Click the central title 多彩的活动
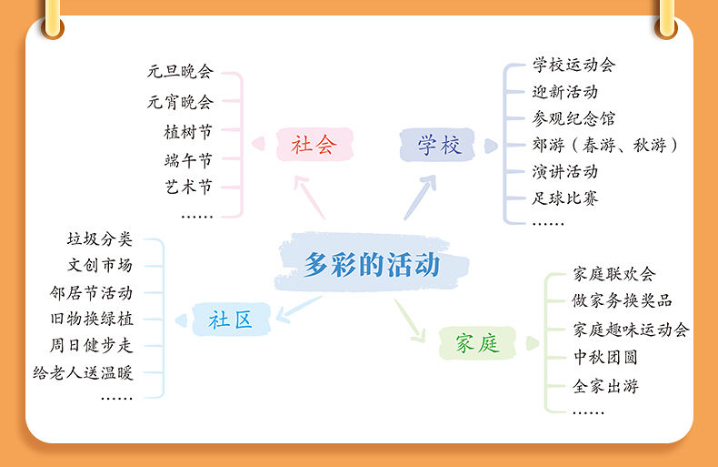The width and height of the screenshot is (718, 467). [x=372, y=265]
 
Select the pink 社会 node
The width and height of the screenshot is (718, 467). [x=314, y=144]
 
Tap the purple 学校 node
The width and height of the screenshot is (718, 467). [x=440, y=145]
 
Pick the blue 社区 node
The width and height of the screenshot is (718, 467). [x=230, y=320]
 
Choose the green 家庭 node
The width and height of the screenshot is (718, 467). [x=476, y=343]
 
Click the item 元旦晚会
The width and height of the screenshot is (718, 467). [x=180, y=71]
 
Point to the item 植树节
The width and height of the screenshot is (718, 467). [x=188, y=132]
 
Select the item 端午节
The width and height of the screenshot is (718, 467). [x=188, y=160]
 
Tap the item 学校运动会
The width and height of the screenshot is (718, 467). [x=573, y=65]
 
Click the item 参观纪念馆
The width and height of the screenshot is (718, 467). [x=573, y=118]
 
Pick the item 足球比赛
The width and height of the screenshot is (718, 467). [x=565, y=198]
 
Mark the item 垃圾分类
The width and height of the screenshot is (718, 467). [x=100, y=239]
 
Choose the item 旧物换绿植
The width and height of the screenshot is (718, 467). [x=92, y=319]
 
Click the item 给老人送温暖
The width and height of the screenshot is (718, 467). [x=84, y=372]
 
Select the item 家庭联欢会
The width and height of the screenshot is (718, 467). [x=614, y=274]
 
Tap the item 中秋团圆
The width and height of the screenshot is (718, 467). [x=606, y=358]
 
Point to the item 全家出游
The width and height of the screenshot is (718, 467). [x=606, y=386]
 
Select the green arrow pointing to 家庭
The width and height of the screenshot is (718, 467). [x=410, y=320]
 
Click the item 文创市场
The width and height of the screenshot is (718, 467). [x=100, y=266]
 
